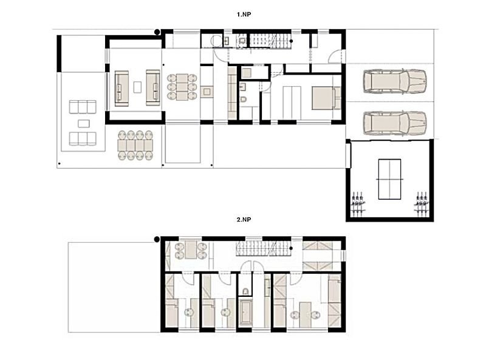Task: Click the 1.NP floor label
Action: pyautogui.click(x=244, y=14)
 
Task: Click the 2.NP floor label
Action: pyautogui.click(x=244, y=219)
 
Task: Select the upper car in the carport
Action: pyautogui.click(x=395, y=81)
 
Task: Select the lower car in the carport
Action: pyautogui.click(x=395, y=123)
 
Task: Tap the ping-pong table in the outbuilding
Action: pyautogui.click(x=389, y=179)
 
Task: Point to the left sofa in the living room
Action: pyautogui.click(x=122, y=88)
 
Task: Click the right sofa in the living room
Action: pyautogui.click(x=153, y=87)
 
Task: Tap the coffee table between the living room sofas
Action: pyautogui.click(x=137, y=87)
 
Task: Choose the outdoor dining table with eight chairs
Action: pyautogui.click(x=135, y=145)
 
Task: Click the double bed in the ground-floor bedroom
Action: pyautogui.click(x=326, y=98)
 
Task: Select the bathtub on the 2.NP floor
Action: pyautogui.click(x=247, y=312)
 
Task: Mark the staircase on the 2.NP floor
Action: pyautogui.click(x=264, y=249)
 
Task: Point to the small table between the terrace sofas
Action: pyautogui.click(x=84, y=124)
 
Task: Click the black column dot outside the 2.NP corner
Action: pyautogui.click(x=157, y=239)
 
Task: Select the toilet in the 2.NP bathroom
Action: pyautogui.click(x=245, y=291)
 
